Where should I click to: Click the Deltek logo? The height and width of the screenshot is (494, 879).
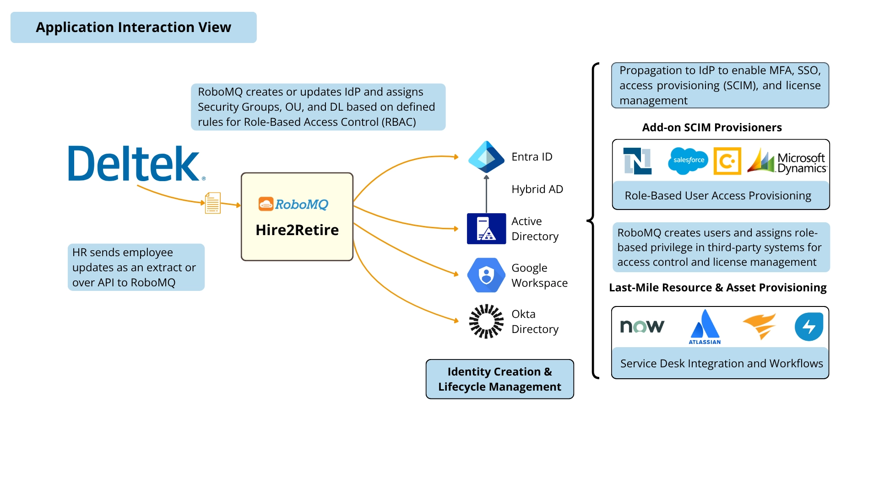click(x=136, y=164)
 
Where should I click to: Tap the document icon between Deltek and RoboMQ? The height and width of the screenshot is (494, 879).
click(x=213, y=203)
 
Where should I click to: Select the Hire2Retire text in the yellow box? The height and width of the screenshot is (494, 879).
click(x=297, y=230)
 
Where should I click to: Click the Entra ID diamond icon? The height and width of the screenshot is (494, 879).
click(x=486, y=157)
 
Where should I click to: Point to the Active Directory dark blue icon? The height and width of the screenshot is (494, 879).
click(x=486, y=229)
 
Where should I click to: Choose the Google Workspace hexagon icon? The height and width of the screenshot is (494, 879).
click(x=486, y=275)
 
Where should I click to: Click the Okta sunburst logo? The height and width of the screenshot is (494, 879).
click(x=486, y=322)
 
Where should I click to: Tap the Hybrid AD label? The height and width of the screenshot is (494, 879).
click(x=537, y=189)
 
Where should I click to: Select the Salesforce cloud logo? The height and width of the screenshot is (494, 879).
click(x=688, y=161)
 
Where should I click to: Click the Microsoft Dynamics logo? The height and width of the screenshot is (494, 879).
click(x=787, y=161)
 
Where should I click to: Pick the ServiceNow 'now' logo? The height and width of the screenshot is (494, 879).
click(x=642, y=326)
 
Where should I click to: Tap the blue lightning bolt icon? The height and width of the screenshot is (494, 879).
click(x=809, y=327)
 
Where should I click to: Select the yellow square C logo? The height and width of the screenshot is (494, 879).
click(x=727, y=161)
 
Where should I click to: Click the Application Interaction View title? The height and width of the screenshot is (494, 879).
click(x=134, y=27)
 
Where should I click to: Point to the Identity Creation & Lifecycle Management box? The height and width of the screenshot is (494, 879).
click(x=499, y=379)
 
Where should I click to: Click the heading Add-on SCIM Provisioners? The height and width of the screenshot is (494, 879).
click(x=712, y=128)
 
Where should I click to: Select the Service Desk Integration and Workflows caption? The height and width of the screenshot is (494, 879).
click(x=721, y=364)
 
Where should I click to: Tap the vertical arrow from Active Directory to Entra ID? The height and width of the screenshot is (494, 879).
click(x=486, y=194)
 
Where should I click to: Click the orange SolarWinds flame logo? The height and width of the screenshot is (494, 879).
click(x=760, y=326)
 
